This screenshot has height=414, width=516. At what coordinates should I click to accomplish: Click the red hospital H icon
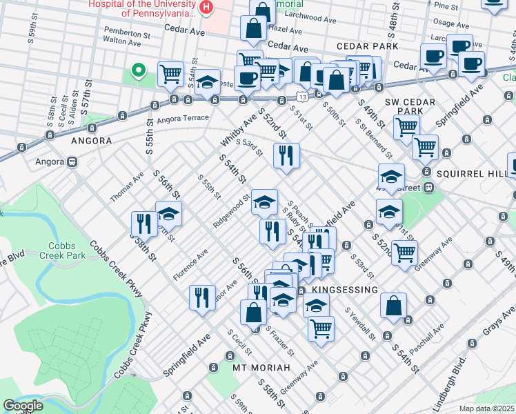205,7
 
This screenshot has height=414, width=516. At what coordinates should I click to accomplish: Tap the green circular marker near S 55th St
138,69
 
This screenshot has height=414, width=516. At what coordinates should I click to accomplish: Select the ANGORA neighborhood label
91,141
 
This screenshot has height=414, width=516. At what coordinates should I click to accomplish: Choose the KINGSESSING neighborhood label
345,290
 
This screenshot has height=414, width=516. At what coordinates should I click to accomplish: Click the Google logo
23,406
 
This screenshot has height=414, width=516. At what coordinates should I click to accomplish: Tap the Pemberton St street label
127,32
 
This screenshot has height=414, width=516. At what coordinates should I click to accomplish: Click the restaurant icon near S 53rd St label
286,157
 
